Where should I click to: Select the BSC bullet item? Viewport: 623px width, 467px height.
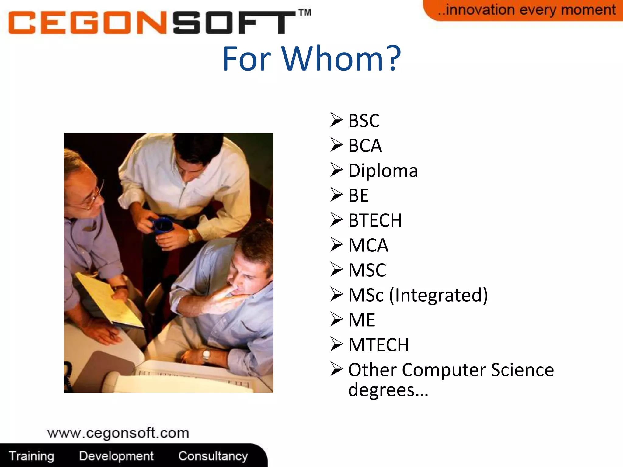(x=364, y=120)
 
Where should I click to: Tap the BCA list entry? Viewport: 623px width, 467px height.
(x=365, y=145)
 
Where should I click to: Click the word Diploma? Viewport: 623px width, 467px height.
(x=383, y=171)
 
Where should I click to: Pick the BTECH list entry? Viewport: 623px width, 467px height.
(x=375, y=220)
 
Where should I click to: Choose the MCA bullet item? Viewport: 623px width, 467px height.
(x=368, y=245)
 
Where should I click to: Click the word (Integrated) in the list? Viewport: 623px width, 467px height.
(x=438, y=295)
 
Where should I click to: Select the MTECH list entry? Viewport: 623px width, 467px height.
(x=378, y=345)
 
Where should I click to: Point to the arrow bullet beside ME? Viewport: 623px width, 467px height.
(x=336, y=320)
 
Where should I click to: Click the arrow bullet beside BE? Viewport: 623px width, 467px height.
(x=336, y=195)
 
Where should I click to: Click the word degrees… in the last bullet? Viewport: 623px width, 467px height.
(x=388, y=390)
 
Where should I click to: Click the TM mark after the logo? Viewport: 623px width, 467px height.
(x=305, y=12)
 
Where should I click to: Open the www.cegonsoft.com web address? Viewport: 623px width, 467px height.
(x=118, y=433)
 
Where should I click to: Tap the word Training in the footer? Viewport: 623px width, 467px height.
(x=31, y=456)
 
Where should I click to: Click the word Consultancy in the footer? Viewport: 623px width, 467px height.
(x=213, y=456)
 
